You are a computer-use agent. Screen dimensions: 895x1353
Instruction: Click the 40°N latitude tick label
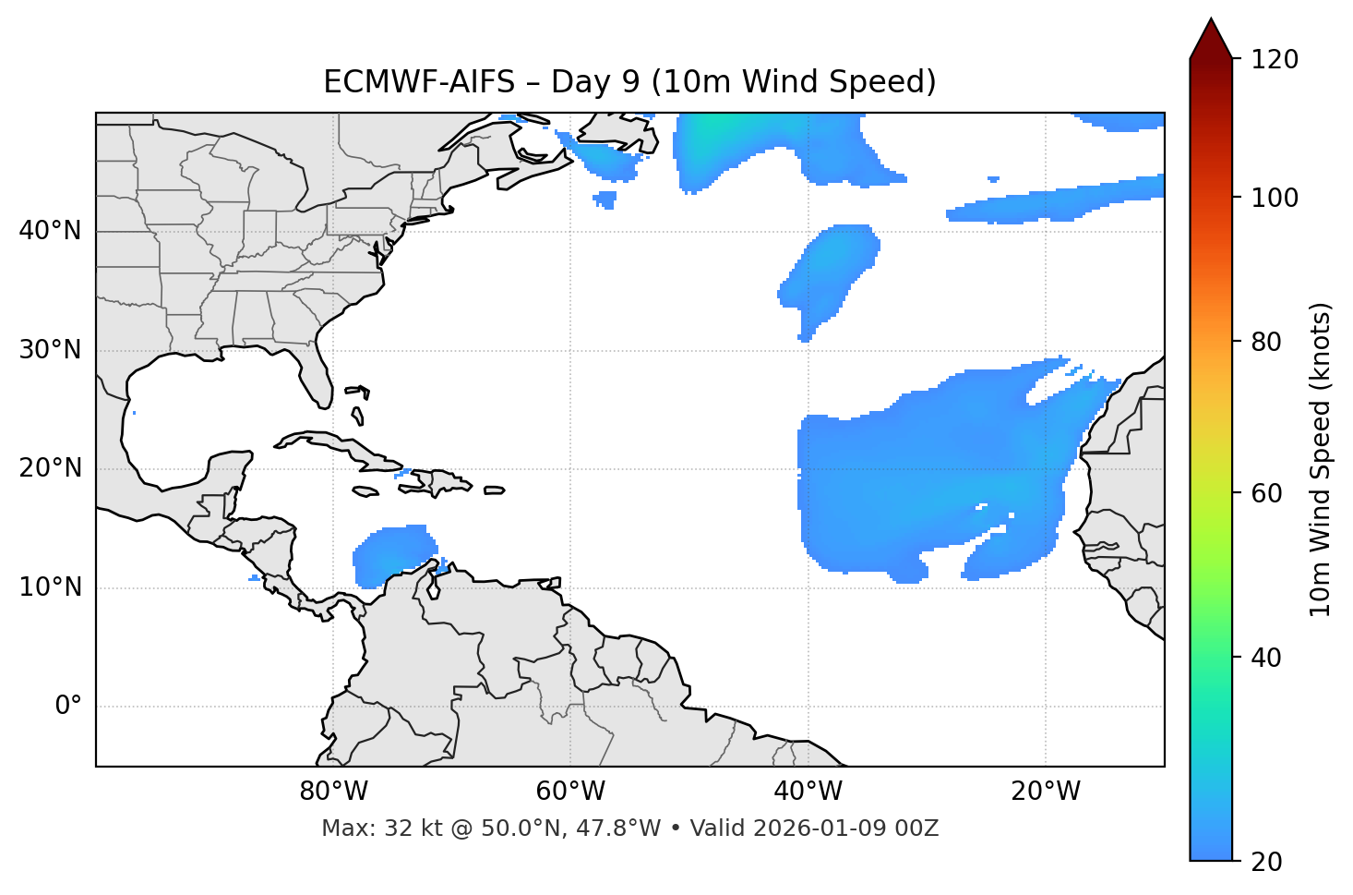coord(50,230)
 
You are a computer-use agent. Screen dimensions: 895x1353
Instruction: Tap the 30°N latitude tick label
coord(50,350)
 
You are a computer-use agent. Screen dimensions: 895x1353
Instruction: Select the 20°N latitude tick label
coord(50,468)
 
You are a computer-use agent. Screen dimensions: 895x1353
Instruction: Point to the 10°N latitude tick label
coord(50,587)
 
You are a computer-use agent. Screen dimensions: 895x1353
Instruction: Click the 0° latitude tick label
coord(67,707)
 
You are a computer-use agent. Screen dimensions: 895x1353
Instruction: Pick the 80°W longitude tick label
coord(333,792)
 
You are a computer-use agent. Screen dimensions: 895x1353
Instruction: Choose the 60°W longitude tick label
coord(570,792)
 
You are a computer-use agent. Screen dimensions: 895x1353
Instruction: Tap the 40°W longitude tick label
coord(808,792)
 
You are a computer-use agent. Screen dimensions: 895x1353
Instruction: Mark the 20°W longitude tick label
coord(1046,792)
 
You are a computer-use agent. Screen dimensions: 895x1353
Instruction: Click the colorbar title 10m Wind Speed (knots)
coord(1322,459)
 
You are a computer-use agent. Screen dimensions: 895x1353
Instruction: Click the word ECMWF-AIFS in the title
coord(419,82)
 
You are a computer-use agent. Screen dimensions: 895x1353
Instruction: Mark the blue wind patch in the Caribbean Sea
coord(392,555)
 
